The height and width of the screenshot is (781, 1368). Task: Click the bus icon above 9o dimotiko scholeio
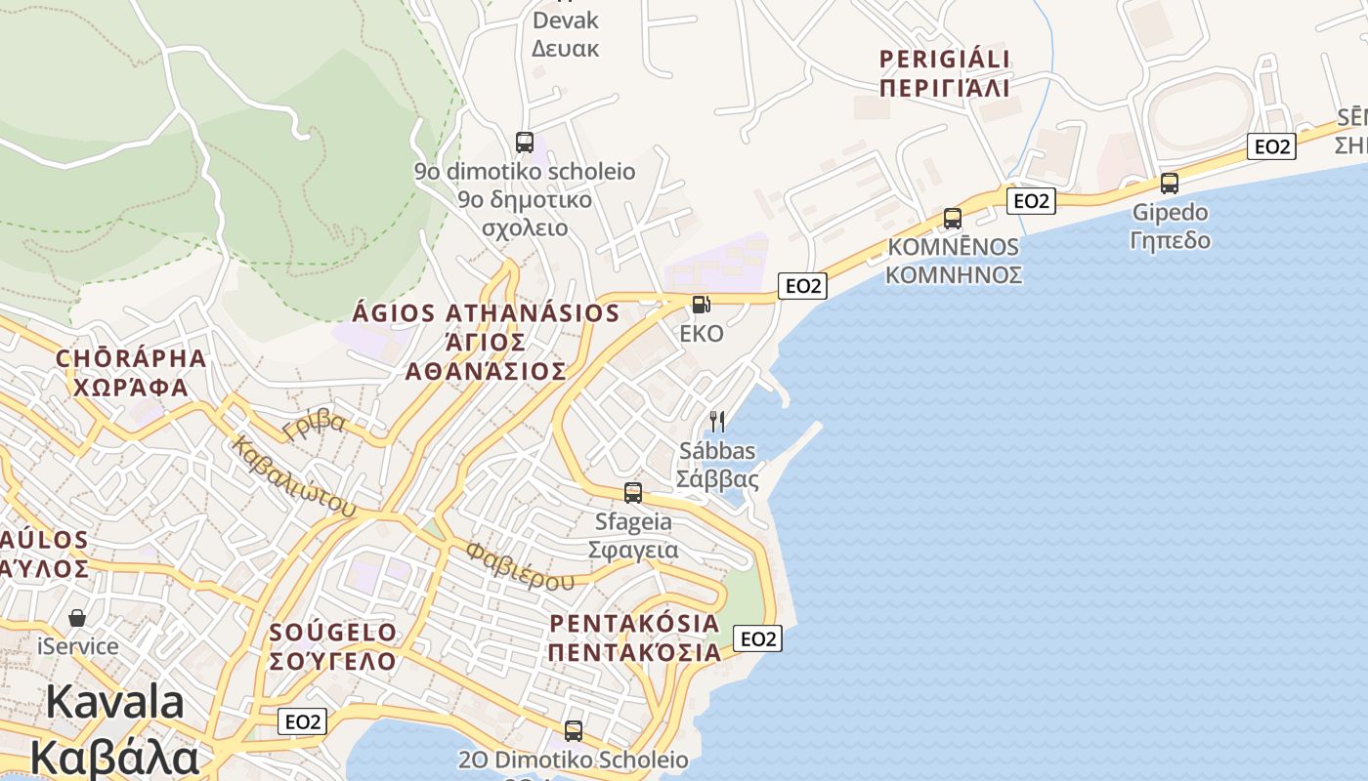[525, 143]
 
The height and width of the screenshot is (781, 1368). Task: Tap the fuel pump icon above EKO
[701, 305]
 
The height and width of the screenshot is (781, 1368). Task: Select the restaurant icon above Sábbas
[717, 422]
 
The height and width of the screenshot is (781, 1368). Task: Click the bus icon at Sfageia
[633, 493]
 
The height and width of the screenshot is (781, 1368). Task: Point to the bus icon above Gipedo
[1170, 184]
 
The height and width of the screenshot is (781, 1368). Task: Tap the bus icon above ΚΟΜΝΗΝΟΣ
[953, 219]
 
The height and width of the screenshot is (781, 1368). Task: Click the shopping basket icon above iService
[77, 618]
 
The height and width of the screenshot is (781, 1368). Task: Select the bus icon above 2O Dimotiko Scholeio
[574, 730]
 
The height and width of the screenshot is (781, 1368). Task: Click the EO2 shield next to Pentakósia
[757, 638]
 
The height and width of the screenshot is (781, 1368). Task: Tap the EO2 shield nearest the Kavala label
[302, 721]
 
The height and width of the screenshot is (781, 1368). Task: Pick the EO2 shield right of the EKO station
[802, 286]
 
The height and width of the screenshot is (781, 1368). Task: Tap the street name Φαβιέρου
[520, 566]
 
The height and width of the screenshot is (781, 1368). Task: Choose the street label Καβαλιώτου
[294, 475]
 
